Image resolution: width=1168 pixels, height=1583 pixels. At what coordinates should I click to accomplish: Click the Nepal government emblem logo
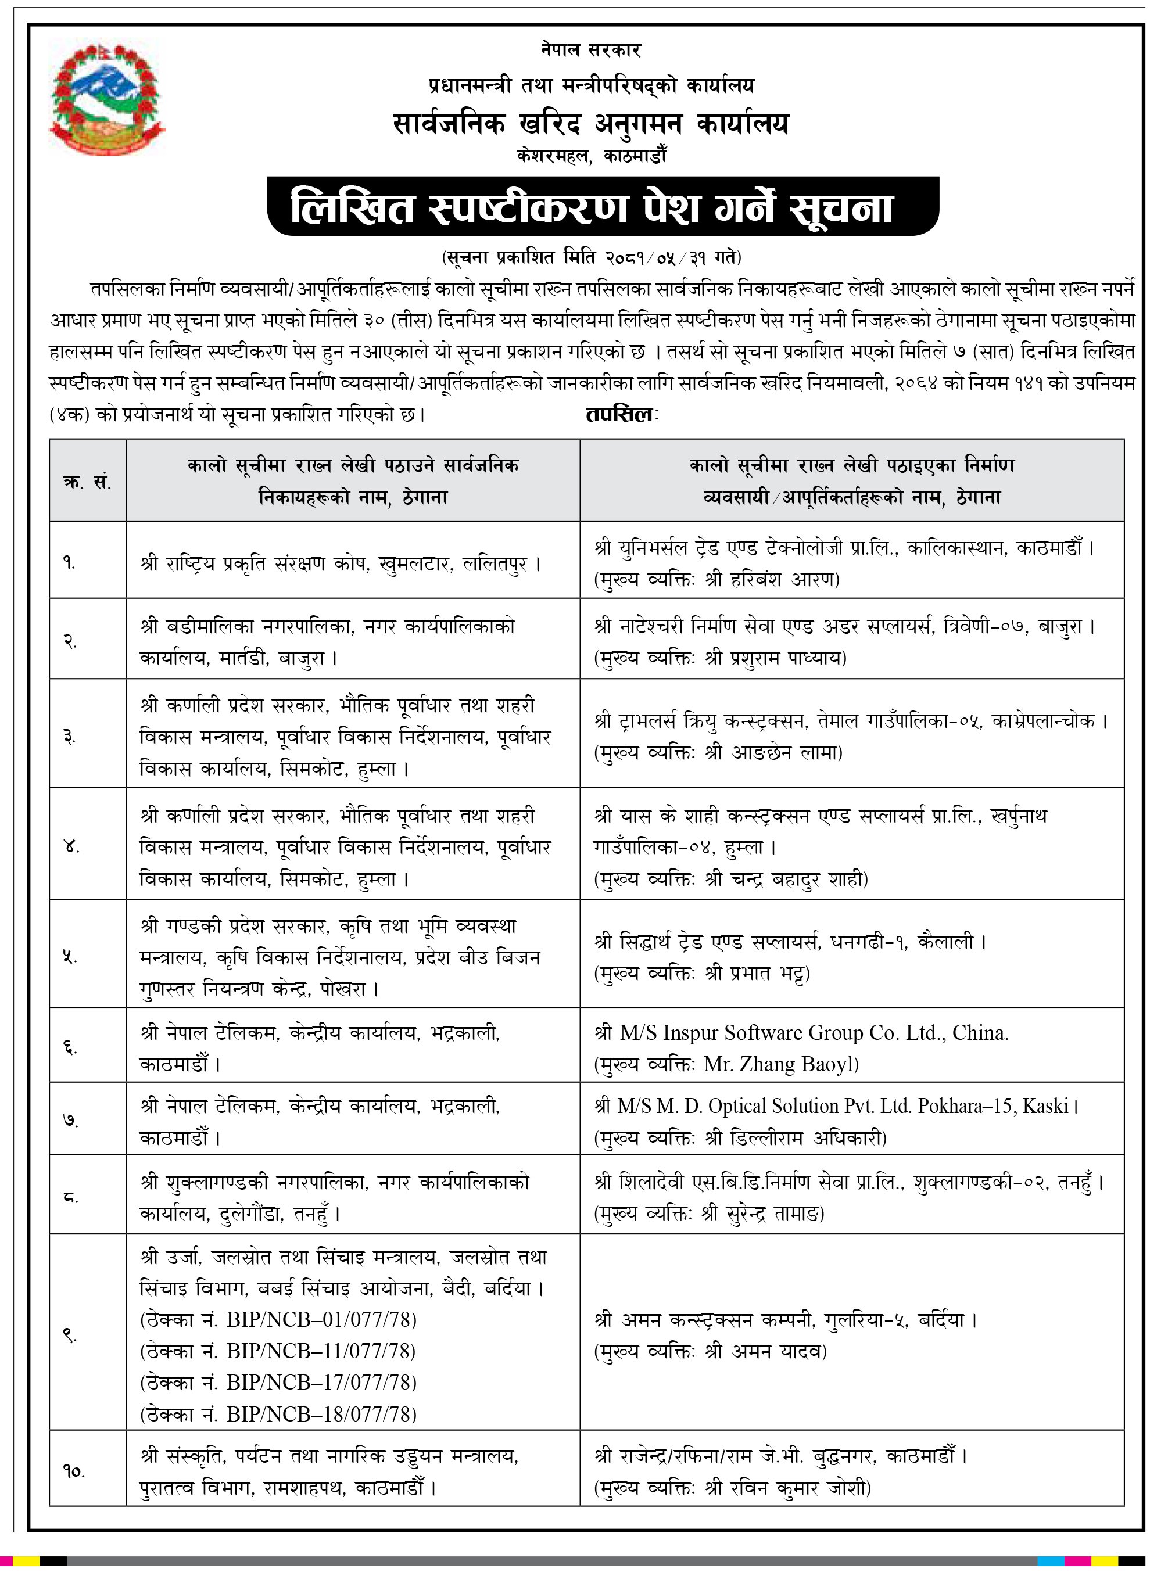point(106,95)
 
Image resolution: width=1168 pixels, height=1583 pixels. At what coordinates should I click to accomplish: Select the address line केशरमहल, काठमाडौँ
point(591,156)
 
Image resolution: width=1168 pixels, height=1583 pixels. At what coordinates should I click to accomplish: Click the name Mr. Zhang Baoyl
point(780,1064)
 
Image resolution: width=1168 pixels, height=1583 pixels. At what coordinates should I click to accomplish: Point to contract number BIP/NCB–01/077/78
point(322,1319)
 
